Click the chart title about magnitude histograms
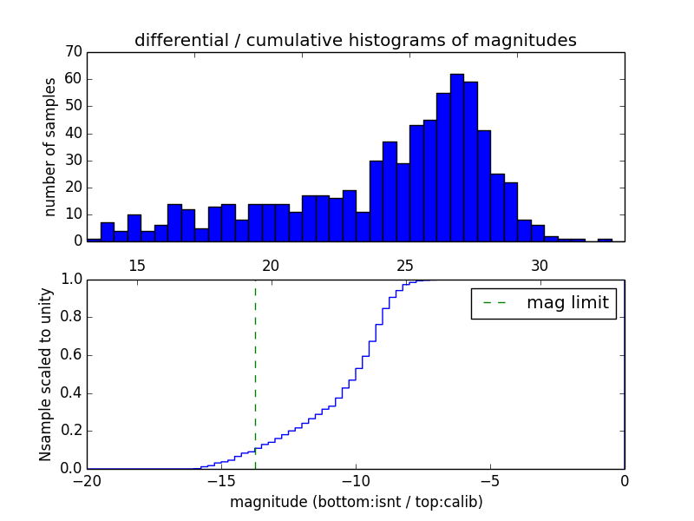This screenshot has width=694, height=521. (355, 40)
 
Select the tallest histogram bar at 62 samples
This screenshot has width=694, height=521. (457, 157)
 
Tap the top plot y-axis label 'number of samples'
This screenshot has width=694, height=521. (50, 146)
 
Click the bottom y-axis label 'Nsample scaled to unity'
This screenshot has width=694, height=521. (45, 373)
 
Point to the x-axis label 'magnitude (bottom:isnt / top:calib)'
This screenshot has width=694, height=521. (355, 502)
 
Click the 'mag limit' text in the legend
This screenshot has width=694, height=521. (567, 303)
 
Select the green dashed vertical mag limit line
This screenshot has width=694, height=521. (255, 373)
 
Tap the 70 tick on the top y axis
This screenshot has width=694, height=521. (72, 52)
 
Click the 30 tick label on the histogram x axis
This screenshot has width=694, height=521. (540, 266)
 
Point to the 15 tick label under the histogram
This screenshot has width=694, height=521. (136, 266)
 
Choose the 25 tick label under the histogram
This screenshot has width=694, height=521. (405, 266)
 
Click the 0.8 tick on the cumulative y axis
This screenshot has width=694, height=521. (70, 317)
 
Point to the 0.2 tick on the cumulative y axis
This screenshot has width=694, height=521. (70, 431)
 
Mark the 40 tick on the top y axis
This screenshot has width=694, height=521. (72, 133)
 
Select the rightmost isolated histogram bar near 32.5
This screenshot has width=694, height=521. (605, 239)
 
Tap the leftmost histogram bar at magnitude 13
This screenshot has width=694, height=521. (94, 239)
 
